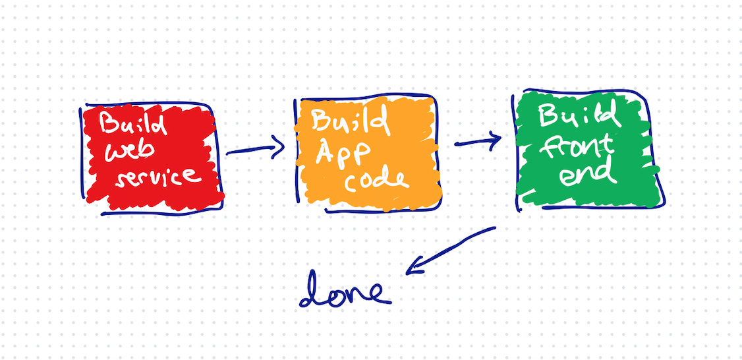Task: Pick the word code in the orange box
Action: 377,180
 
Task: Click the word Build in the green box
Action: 579,117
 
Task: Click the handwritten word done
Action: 344,293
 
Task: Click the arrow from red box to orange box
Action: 254,149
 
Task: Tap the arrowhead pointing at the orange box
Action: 279,146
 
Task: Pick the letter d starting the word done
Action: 312,293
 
